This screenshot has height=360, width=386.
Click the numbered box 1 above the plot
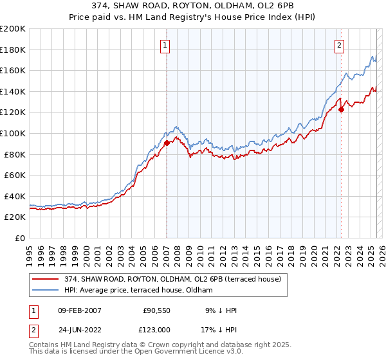165,45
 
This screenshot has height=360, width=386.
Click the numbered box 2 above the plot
339,45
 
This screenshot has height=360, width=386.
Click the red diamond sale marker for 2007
167,143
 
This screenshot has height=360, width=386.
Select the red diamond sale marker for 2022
342,109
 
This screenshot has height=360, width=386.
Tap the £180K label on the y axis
13,50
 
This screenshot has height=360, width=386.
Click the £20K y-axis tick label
15,217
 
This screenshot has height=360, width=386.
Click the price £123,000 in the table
157,329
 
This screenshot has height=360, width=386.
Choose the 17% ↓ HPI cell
220,329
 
